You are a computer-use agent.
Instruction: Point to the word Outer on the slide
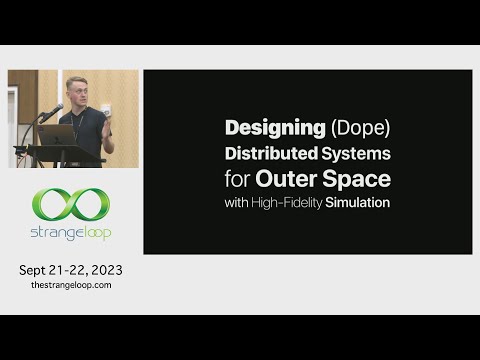(x=288, y=180)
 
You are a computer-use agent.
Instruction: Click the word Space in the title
(x=357, y=180)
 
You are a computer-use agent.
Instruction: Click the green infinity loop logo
(x=71, y=205)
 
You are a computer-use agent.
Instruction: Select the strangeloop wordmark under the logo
(x=71, y=233)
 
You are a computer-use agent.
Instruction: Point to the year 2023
(x=104, y=270)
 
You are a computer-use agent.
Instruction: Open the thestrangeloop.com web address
(x=71, y=285)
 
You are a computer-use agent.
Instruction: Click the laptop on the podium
(x=57, y=134)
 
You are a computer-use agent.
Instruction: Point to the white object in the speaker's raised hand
(x=104, y=108)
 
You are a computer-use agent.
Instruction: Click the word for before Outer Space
(x=238, y=180)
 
